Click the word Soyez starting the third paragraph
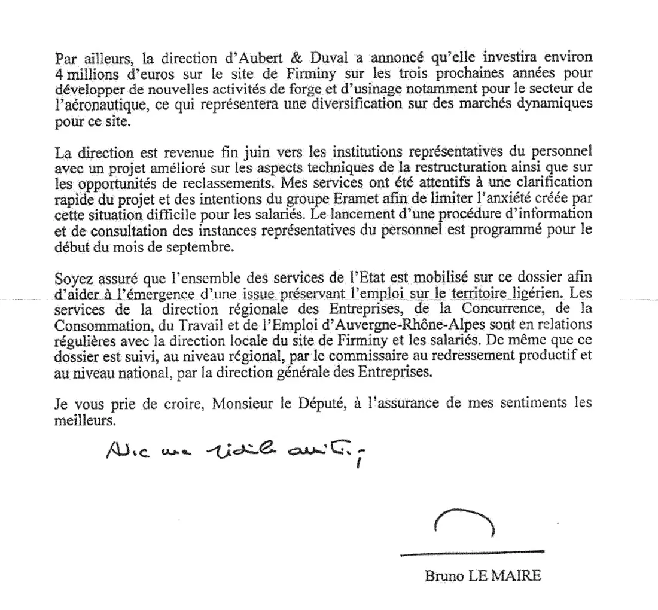71,278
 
